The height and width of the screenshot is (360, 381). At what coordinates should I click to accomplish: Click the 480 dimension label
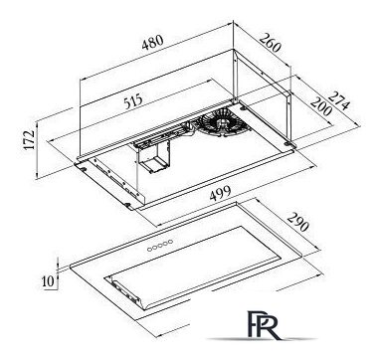(153, 42)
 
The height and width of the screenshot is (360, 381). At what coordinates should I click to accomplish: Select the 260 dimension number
(271, 42)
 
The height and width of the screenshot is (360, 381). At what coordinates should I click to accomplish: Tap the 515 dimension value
(133, 101)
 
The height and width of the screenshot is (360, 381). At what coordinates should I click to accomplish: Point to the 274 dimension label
(339, 100)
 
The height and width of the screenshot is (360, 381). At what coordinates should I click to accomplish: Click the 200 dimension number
(320, 106)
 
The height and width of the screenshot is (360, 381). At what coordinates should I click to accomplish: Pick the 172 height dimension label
(30, 139)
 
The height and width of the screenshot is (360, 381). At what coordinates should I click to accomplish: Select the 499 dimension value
(221, 193)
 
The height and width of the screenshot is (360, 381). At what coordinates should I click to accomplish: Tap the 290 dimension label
(297, 222)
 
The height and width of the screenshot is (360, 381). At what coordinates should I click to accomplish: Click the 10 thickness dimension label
(49, 281)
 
